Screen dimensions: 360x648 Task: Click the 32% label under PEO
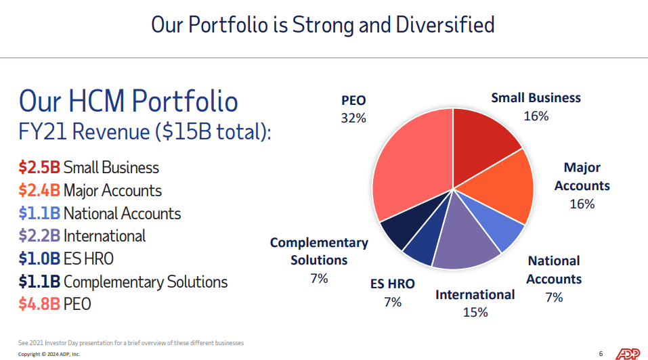pyautogui.click(x=353, y=118)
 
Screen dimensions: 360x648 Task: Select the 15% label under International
pyautogui.click(x=475, y=312)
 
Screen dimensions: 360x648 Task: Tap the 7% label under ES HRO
pyautogui.click(x=393, y=302)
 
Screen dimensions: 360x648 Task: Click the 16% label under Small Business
pyautogui.click(x=536, y=116)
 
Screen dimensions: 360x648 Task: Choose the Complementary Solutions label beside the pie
pyautogui.click(x=319, y=251)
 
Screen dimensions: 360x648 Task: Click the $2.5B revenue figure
pyautogui.click(x=40, y=168)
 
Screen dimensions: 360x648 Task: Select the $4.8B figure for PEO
pyautogui.click(x=40, y=305)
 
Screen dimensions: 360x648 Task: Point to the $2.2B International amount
pyautogui.click(x=40, y=236)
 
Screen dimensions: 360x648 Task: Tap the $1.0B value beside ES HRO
pyautogui.click(x=40, y=259)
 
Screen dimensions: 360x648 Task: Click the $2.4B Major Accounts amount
pyautogui.click(x=40, y=191)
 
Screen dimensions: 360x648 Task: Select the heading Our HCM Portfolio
pyautogui.click(x=129, y=101)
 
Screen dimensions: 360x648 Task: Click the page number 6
pyautogui.click(x=601, y=354)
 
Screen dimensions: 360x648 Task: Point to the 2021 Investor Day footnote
pyautogui.click(x=131, y=343)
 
